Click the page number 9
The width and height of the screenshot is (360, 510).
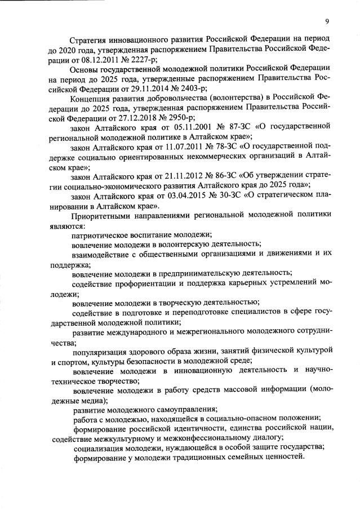pyautogui.click(x=327, y=22)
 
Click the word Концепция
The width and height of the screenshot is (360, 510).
pyautogui.click(x=95, y=99)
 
